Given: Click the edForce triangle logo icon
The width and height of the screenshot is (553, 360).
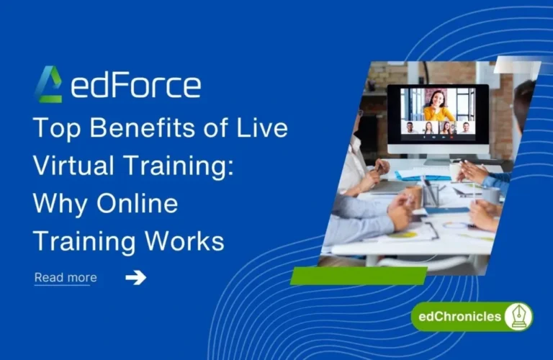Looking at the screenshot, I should pyautogui.click(x=48, y=84).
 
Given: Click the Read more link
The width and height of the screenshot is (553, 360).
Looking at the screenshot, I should pyautogui.click(x=66, y=278).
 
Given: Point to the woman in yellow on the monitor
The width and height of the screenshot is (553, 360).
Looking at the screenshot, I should pyautogui.click(x=439, y=105).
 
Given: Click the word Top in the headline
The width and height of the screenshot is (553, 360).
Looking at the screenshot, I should pyautogui.click(x=56, y=129).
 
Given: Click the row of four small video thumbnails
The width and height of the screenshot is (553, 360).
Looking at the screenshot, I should pyautogui.click(x=438, y=128).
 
